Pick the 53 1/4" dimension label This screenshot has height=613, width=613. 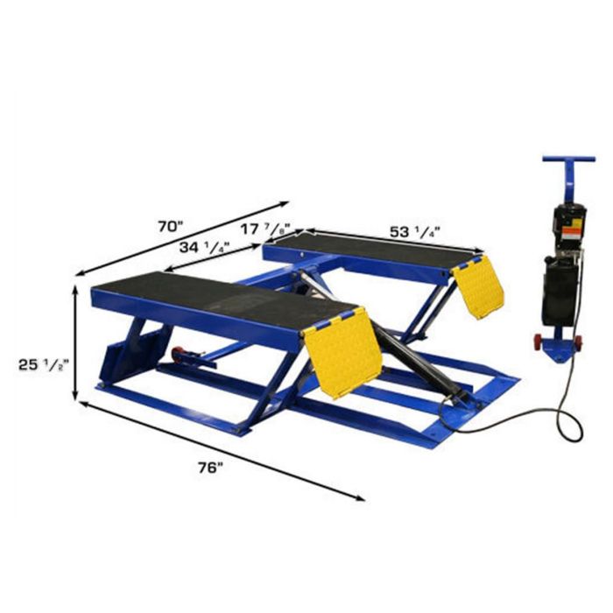point(413,232)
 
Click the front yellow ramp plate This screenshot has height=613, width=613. point(342,352)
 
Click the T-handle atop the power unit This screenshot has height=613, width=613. point(568,161)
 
